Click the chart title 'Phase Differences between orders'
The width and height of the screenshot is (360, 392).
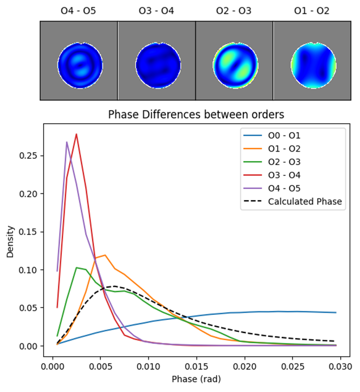click(196, 115)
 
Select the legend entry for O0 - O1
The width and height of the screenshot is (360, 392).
click(272, 136)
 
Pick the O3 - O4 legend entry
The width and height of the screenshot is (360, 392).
click(272, 175)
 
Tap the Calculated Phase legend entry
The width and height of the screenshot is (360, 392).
click(293, 201)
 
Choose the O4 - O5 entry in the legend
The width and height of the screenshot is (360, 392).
click(272, 188)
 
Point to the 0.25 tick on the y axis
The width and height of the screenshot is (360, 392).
click(28, 156)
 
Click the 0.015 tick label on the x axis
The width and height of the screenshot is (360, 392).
click(196, 366)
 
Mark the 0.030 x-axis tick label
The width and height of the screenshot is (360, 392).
click(340, 366)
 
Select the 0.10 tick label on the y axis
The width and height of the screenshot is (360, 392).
click(28, 270)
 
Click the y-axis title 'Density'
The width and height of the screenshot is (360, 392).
click(10, 242)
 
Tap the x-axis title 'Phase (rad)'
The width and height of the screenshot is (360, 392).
click(196, 379)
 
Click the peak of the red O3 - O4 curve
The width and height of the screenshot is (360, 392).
click(76, 134)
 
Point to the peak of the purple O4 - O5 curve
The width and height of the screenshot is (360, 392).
click(67, 142)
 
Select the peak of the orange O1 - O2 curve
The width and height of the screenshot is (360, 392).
click(105, 255)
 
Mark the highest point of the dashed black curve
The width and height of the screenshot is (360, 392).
click(115, 286)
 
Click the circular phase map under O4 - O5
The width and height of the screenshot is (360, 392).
click(80, 65)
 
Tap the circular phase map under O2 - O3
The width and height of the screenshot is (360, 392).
click(236, 65)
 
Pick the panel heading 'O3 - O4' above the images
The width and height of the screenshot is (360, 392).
click(156, 11)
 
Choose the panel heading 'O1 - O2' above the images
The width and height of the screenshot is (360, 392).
click(312, 11)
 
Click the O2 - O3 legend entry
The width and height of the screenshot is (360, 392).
click(272, 162)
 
